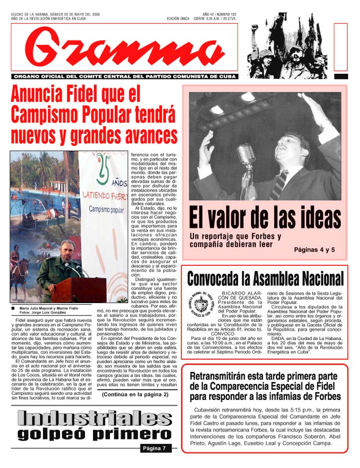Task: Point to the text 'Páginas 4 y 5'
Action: [x=314, y=250]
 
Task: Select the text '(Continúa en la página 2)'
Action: [x=135, y=395]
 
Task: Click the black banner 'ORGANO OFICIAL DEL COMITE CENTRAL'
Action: [x=124, y=77]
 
